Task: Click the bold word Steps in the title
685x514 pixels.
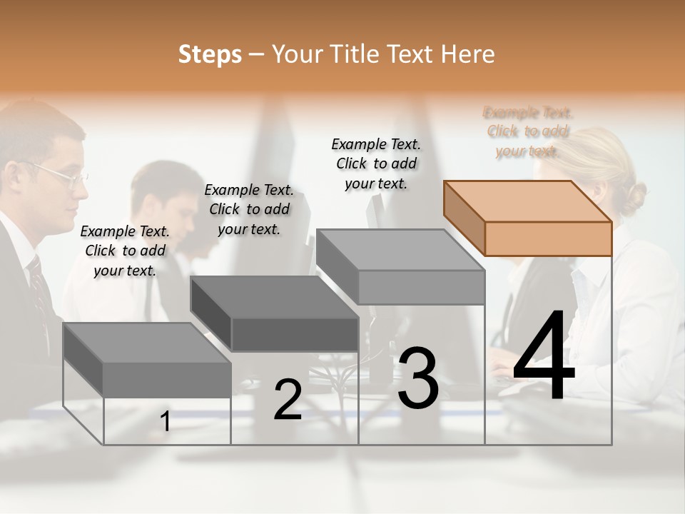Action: pyautogui.click(x=210, y=54)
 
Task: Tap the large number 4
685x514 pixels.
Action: pyautogui.click(x=544, y=357)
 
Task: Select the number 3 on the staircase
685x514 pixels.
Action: pyautogui.click(x=417, y=378)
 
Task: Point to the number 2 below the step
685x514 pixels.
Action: pyautogui.click(x=288, y=400)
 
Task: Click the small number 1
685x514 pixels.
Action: pyautogui.click(x=166, y=422)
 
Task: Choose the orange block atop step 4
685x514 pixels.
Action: pyautogui.click(x=528, y=218)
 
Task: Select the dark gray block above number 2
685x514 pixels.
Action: pyautogui.click(x=275, y=314)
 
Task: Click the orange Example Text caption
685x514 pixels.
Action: pyautogui.click(x=528, y=131)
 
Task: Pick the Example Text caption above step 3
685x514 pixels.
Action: pyautogui.click(x=376, y=163)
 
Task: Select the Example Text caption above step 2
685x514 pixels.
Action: pyautogui.click(x=249, y=209)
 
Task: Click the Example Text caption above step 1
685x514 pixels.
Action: pyautogui.click(x=125, y=251)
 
